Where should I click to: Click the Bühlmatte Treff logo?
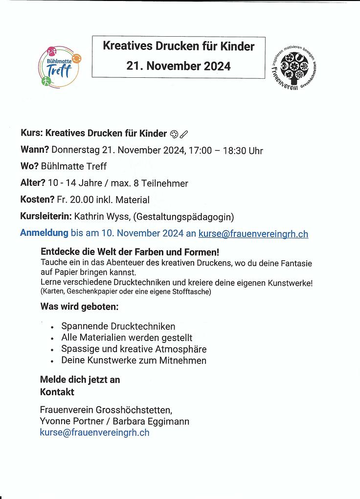60,67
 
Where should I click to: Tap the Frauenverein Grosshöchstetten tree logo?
293,68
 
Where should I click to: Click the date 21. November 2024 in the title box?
178,66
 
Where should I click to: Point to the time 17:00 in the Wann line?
200,151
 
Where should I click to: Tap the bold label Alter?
33,183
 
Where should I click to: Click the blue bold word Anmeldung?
44,233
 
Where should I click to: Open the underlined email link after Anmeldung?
253,234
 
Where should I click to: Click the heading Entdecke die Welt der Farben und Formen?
130,253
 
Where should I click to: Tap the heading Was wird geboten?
79,307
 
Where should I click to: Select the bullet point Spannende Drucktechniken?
118,326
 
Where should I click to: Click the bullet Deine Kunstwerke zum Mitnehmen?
134,361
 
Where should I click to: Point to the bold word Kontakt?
57,392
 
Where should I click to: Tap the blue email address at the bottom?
94,432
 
